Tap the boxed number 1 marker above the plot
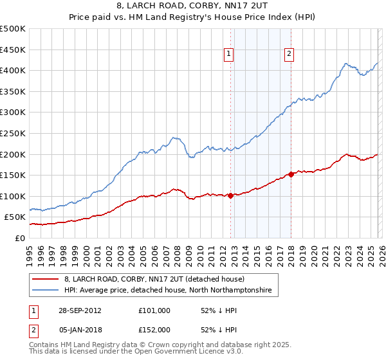point(230,55)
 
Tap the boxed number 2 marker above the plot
point(289,55)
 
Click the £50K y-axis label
point(15,217)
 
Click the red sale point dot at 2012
point(230,195)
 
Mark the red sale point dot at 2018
point(291,174)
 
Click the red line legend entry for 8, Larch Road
point(154,279)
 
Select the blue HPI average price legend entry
point(168,291)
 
